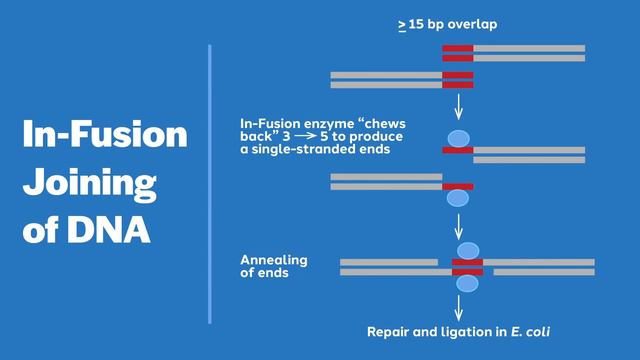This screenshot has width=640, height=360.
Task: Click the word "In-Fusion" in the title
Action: pos(105,135)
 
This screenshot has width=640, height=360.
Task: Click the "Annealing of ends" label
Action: pos(274,266)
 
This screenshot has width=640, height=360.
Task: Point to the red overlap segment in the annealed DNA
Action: pos(467,266)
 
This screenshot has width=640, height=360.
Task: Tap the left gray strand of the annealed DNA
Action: pos(389,266)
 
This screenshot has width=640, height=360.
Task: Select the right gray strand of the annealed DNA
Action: pos(540,266)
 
